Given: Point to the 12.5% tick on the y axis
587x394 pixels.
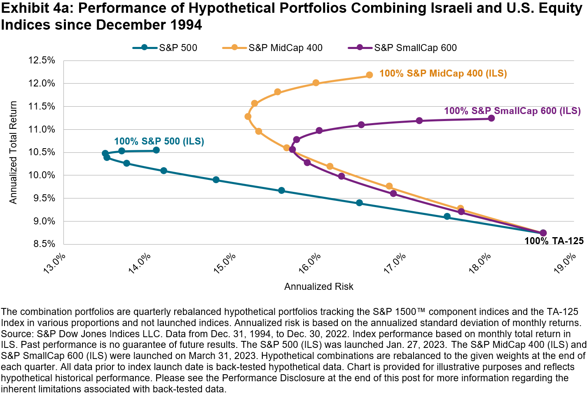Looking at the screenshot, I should [42, 61].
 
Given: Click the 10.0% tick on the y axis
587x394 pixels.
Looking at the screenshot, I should [42, 175].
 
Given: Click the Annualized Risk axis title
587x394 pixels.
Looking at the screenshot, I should [318, 287].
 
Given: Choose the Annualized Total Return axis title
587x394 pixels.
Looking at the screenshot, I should [13, 152].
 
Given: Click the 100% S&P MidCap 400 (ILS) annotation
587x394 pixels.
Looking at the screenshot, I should [443, 74].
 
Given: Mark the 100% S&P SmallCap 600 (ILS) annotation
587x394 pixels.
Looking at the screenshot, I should [512, 111].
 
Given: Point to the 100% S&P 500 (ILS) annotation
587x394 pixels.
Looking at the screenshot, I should [159, 142].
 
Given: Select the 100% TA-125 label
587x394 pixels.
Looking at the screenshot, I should [554, 241].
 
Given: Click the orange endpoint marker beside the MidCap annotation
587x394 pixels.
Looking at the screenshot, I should [370, 75].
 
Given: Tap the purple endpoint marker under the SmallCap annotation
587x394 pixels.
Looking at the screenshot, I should [491, 118].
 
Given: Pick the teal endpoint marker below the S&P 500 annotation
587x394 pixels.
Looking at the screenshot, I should [156, 150].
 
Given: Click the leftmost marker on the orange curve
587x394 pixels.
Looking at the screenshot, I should [248, 117].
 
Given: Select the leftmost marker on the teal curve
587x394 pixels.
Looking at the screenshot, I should [105, 153].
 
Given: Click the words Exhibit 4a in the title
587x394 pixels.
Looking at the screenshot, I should [35, 8].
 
